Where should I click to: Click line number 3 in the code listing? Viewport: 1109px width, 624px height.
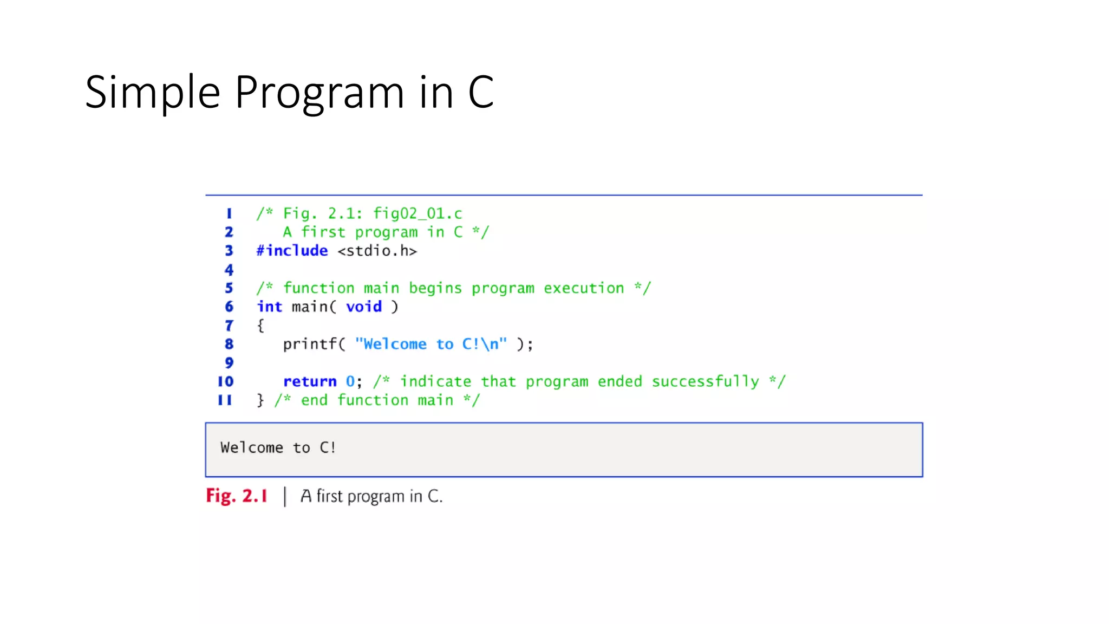(x=229, y=251)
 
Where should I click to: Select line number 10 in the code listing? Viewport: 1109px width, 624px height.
(x=225, y=381)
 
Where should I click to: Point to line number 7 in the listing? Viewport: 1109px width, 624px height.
(x=229, y=326)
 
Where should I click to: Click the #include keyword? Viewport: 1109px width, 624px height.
(x=292, y=251)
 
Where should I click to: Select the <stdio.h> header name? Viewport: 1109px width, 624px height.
(x=377, y=251)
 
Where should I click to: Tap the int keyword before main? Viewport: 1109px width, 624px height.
(x=270, y=307)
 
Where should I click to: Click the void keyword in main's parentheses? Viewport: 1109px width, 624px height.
(x=364, y=307)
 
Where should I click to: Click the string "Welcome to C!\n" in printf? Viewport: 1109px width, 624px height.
(x=431, y=344)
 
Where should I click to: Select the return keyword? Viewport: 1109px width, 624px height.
(x=310, y=382)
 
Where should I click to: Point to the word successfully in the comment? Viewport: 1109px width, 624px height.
(x=705, y=382)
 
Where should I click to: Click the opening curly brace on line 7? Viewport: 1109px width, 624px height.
(x=260, y=326)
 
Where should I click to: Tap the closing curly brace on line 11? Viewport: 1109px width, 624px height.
(x=260, y=400)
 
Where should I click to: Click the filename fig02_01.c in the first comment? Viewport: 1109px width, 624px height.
(x=417, y=213)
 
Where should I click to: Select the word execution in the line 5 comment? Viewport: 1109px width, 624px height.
(x=584, y=288)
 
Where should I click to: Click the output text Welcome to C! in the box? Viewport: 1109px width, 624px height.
(x=278, y=448)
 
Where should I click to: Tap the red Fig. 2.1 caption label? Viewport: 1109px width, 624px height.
(x=237, y=496)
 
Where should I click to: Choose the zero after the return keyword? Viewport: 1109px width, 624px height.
(x=350, y=382)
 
